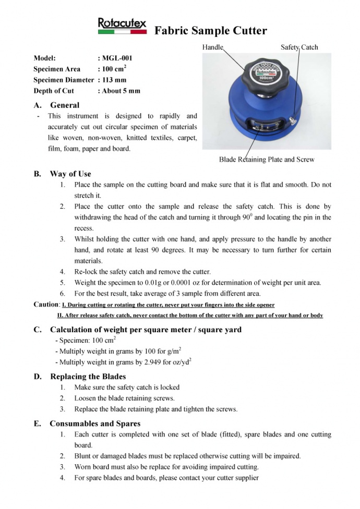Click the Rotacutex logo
coord(122,26)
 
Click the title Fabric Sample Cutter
coord(210,31)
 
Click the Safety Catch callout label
coord(299,47)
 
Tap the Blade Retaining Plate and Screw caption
coord(267,159)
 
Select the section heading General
coord(65,105)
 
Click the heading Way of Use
coord(70,174)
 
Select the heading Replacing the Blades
coord(88,376)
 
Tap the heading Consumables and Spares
coord(95,423)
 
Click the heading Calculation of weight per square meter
coord(146,329)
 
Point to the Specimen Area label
coord(57,69)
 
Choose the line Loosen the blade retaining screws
coord(124,398)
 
